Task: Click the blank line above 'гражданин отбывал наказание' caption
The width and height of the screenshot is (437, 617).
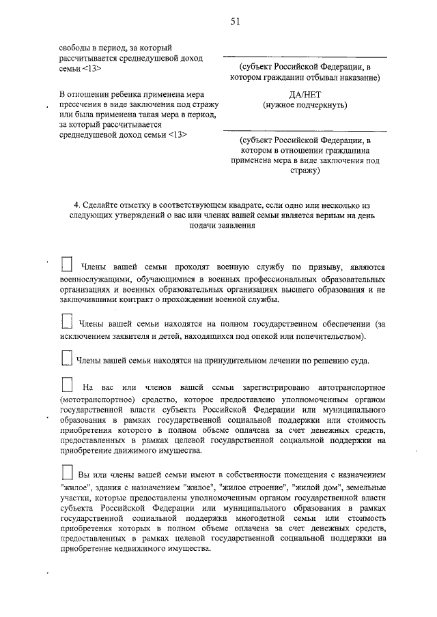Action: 305,57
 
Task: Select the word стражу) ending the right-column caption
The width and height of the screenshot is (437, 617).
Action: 305,172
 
